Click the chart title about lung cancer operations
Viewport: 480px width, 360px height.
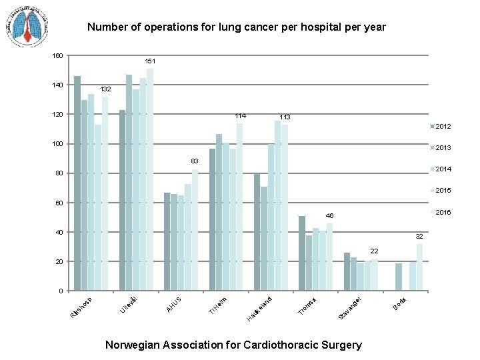pyautogui.click(x=237, y=27)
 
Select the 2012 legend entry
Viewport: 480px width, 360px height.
pyautogui.click(x=441, y=127)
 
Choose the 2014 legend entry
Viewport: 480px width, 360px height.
pyautogui.click(x=441, y=169)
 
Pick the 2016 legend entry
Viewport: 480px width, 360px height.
pyautogui.click(x=441, y=212)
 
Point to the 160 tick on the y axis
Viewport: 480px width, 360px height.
pyautogui.click(x=57, y=56)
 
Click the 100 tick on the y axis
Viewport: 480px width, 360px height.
pyautogui.click(x=57, y=144)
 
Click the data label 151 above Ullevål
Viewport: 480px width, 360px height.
pyautogui.click(x=151, y=61)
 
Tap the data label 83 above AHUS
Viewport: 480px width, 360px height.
pyautogui.click(x=195, y=161)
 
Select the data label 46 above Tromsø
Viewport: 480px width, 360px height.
pyautogui.click(x=329, y=216)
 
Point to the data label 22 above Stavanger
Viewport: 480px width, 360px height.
pyautogui.click(x=374, y=251)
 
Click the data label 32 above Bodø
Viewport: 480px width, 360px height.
pyautogui.click(x=419, y=237)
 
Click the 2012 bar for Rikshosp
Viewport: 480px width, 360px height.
pyautogui.click(x=77, y=183)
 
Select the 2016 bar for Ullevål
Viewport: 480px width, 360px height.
pyautogui.click(x=150, y=180)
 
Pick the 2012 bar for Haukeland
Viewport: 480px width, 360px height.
pyautogui.click(x=257, y=232)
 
